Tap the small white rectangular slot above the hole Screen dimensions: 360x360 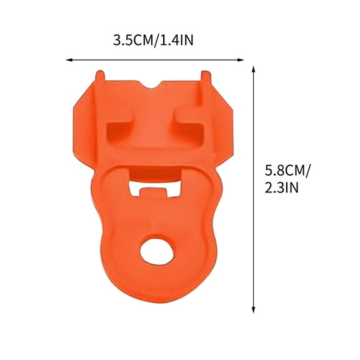pyautogui.click(x=152, y=188)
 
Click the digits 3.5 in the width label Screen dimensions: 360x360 pyautogui.click(x=121, y=41)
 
